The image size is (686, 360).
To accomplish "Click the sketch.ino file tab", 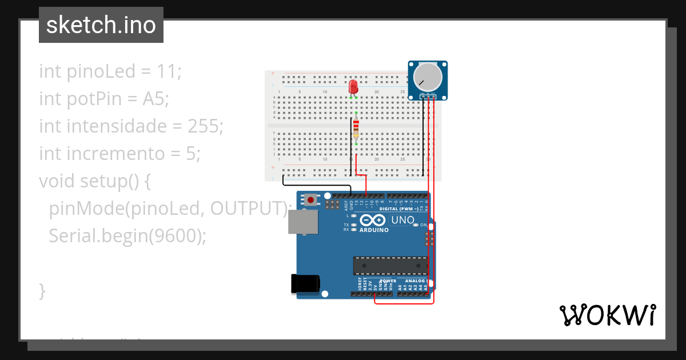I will (101, 25).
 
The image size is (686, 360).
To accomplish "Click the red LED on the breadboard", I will (353, 87).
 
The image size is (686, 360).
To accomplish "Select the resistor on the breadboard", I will (356, 128).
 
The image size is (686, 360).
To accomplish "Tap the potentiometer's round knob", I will (427, 77).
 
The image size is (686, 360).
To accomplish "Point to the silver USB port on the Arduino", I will (304, 222).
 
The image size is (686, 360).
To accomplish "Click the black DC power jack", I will (305, 285).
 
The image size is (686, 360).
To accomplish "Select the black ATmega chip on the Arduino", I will (390, 265).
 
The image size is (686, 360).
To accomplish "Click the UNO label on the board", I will (402, 220).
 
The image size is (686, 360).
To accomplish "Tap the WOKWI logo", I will (607, 315).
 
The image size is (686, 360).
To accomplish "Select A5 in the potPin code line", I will (154, 99).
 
